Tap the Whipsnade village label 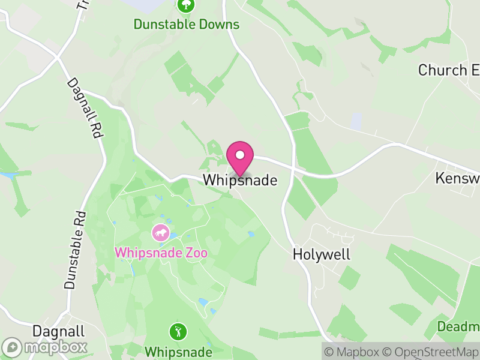coord(240,180)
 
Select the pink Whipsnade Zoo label coord(161,253)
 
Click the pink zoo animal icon coord(160,232)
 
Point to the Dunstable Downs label coord(187,25)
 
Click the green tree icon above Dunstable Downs coord(187,5)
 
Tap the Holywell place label coord(321,254)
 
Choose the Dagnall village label coord(59,332)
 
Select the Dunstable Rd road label coord(73,250)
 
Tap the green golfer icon coord(178,331)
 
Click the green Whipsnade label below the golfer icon coord(178,351)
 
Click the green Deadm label coord(459,327)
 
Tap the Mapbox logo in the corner coord(45,347)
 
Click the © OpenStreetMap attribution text coord(430,350)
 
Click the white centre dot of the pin coord(240,155)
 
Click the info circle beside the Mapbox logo coord(12,347)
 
